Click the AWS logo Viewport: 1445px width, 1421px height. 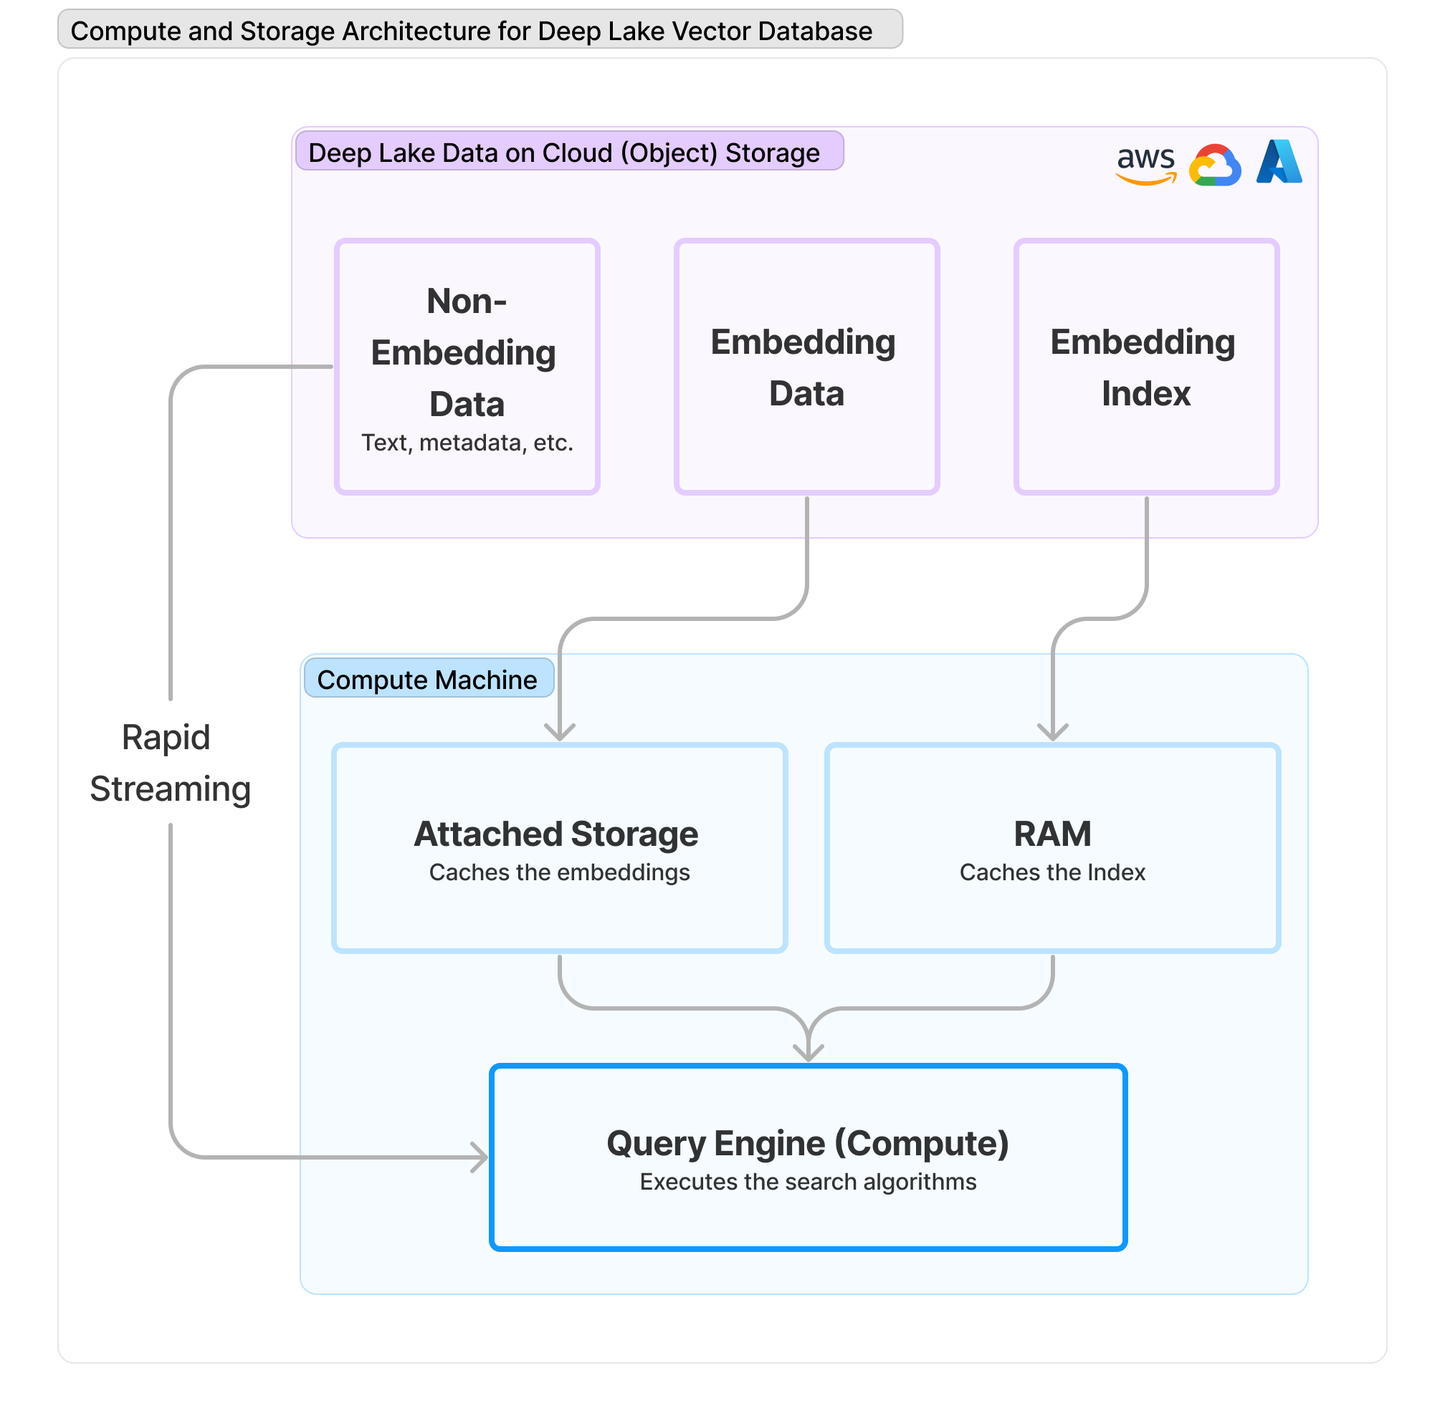click(1145, 164)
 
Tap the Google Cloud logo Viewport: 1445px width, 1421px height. click(1214, 165)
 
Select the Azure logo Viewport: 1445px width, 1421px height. click(1279, 162)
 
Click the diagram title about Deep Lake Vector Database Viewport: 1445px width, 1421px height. click(471, 31)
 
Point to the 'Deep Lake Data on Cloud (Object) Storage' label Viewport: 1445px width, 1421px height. click(564, 153)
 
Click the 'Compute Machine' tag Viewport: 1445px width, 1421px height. click(427, 679)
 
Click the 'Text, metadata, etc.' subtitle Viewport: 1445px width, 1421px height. click(467, 443)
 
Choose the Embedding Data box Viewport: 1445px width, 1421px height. click(806, 367)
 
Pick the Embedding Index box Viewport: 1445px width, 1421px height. click(1145, 367)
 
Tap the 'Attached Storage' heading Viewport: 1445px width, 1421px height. click(555, 833)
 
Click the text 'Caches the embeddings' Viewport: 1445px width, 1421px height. click(559, 872)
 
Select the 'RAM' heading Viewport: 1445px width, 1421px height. click(1051, 833)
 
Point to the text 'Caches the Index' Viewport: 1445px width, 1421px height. click(1051, 872)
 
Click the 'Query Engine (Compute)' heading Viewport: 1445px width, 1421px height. click(807, 1142)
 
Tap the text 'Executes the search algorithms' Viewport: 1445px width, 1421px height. click(807, 1182)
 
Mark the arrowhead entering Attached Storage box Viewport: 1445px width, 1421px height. click(559, 733)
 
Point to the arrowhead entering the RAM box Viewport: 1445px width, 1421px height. click(1052, 733)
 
